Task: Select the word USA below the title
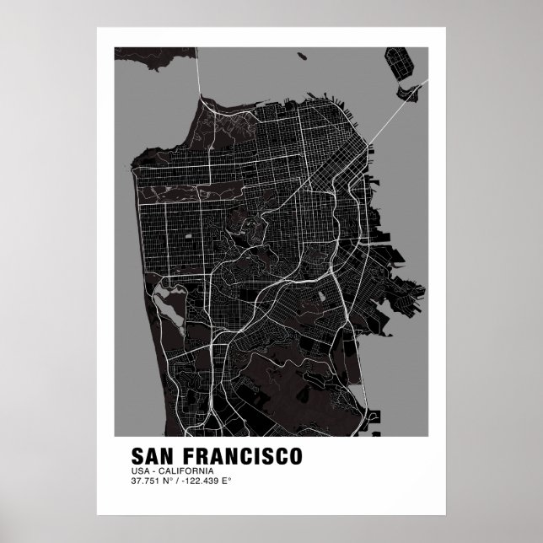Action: [x=140, y=470]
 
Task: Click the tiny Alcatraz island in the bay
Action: [x=301, y=56]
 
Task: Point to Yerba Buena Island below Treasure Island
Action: [x=412, y=88]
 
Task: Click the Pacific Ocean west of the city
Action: [x=126, y=253]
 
